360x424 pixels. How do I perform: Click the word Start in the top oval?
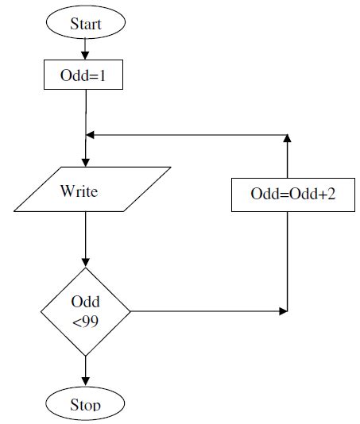point(85,24)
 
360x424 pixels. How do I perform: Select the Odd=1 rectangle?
point(83,76)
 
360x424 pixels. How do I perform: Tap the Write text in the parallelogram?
point(79,191)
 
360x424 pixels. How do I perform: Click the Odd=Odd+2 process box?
point(292,195)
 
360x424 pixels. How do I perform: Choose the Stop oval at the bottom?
point(85,403)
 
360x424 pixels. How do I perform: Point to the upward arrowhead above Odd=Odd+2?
point(287,138)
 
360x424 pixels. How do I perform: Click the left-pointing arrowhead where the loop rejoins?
point(91,134)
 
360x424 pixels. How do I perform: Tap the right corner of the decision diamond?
point(129,310)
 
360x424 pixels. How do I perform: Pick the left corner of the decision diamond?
point(41,310)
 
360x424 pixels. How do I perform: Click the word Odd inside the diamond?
point(85,303)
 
